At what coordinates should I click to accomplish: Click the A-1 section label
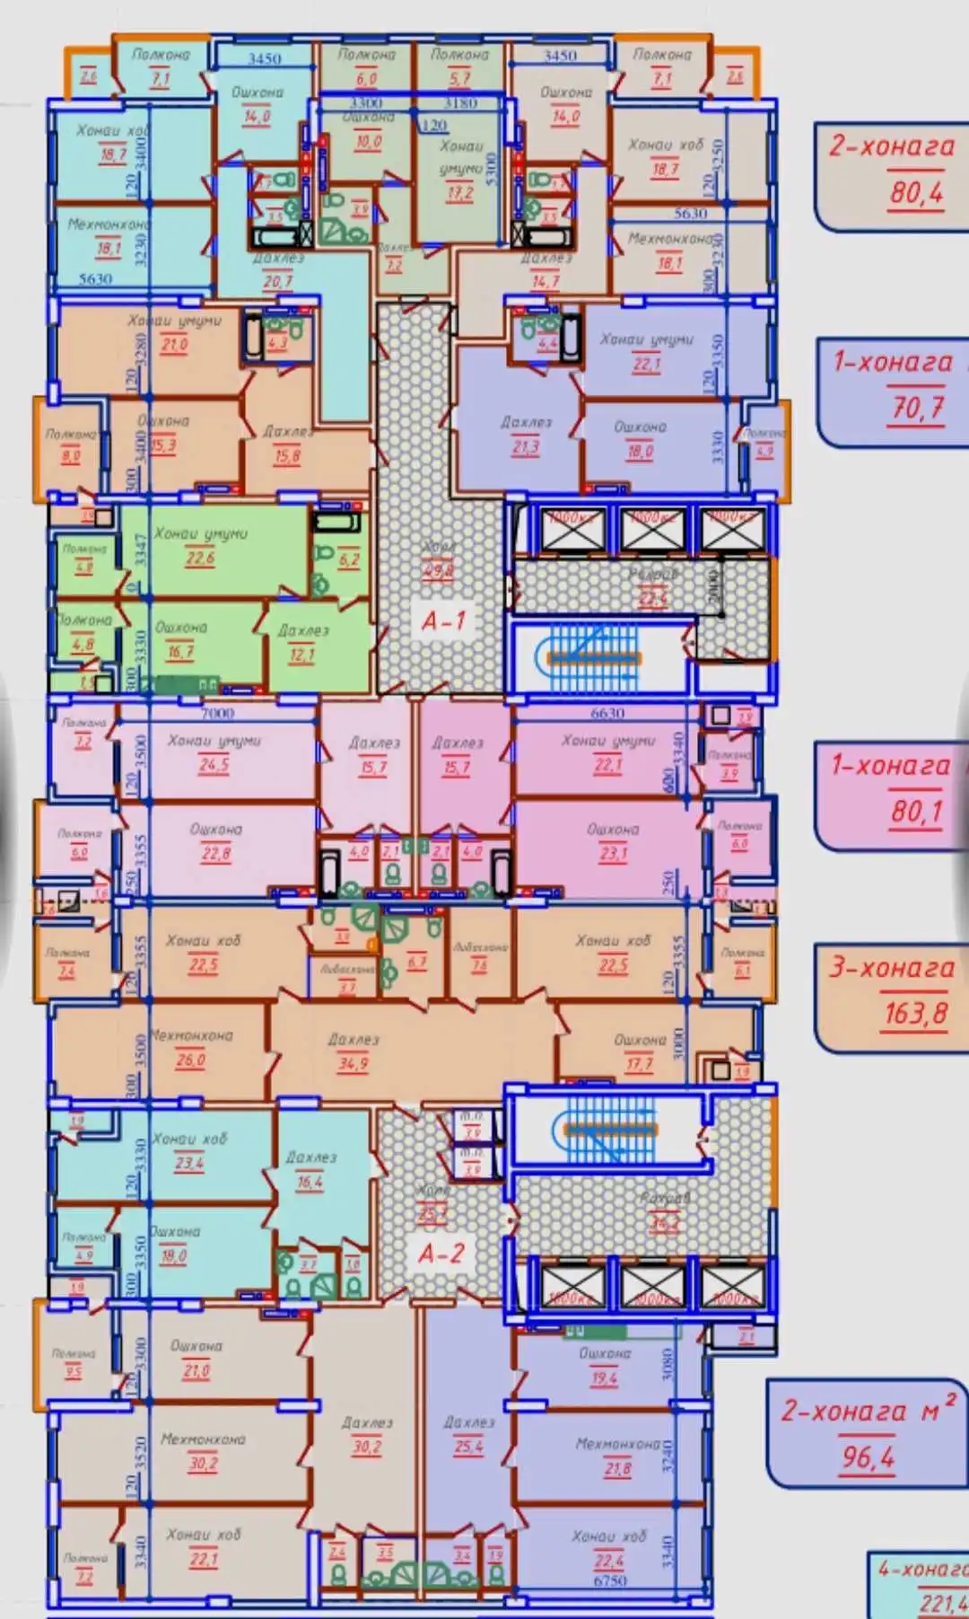(x=444, y=620)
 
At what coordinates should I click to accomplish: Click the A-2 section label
(x=441, y=1253)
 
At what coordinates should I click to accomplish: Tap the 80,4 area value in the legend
(x=916, y=191)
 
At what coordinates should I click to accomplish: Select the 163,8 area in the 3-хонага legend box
(x=915, y=1013)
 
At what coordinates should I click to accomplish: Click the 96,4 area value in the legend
(x=868, y=1456)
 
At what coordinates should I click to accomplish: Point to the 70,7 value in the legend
(x=917, y=408)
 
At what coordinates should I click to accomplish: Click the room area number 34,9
(x=353, y=1063)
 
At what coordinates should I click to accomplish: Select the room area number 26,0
(x=190, y=1060)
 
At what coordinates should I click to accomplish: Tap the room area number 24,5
(x=214, y=765)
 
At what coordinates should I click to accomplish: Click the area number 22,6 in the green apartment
(x=200, y=558)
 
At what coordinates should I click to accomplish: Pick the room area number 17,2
(x=459, y=192)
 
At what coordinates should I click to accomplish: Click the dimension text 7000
(x=217, y=713)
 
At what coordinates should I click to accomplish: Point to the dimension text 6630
(x=607, y=713)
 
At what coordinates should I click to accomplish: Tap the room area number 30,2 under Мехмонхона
(x=203, y=1463)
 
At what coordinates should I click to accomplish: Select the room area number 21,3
(x=525, y=446)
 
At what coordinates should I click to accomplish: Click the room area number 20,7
(x=277, y=281)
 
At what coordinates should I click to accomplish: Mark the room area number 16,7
(x=180, y=652)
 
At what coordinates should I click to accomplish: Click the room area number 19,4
(x=604, y=1377)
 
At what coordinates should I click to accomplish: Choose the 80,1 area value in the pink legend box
(x=916, y=811)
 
